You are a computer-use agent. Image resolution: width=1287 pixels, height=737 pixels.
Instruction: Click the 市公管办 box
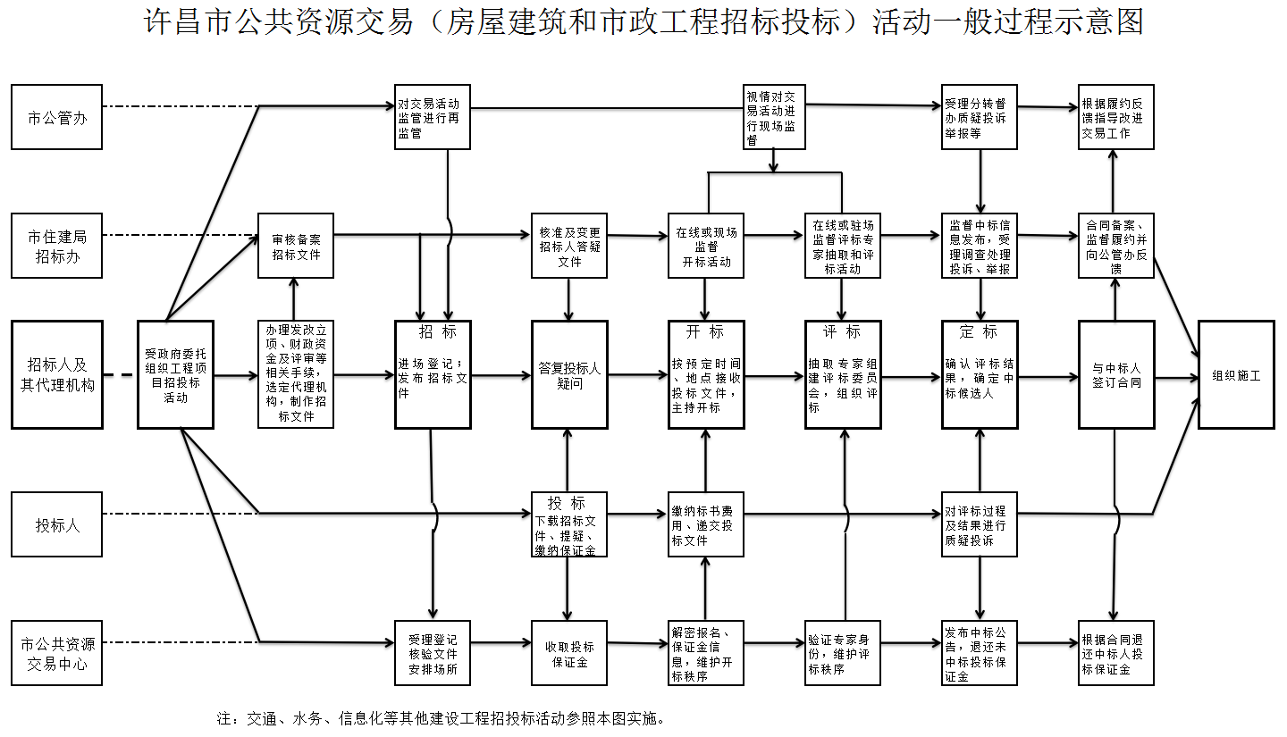click(x=57, y=117)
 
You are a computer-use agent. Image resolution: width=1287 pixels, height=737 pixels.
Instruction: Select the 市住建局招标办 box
click(x=57, y=246)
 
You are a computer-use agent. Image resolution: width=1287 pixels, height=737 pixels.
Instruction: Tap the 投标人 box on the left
click(x=57, y=524)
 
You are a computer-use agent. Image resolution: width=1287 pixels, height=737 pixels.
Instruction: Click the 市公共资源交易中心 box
click(x=57, y=653)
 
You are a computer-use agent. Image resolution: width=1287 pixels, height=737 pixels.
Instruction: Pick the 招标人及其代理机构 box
click(x=57, y=374)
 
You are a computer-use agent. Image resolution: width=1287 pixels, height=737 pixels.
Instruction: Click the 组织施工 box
click(x=1236, y=374)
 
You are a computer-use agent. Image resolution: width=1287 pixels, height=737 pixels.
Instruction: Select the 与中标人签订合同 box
click(x=1116, y=374)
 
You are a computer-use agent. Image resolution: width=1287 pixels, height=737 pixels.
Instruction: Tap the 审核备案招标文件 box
click(x=296, y=246)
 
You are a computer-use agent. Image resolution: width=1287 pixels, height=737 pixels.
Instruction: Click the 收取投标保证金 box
click(x=569, y=653)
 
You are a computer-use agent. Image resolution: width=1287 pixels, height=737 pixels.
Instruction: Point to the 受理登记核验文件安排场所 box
click(x=433, y=653)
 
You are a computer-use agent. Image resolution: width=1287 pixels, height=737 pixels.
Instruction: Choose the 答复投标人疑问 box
click(x=569, y=374)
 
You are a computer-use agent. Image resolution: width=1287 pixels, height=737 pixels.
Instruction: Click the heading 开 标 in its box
click(x=705, y=332)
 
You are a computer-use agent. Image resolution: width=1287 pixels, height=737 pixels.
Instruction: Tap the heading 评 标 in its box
click(x=842, y=332)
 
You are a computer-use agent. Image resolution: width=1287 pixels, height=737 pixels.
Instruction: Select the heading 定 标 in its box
click(x=979, y=332)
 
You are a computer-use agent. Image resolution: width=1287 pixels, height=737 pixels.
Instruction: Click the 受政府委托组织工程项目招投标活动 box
click(x=175, y=374)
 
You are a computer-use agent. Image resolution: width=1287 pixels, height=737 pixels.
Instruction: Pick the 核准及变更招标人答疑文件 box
click(x=569, y=246)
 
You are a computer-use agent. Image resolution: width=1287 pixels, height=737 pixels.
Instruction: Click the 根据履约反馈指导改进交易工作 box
click(x=1116, y=117)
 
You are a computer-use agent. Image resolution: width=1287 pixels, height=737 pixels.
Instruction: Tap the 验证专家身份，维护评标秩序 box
click(x=843, y=653)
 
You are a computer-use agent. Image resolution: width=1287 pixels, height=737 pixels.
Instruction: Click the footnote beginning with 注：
click(x=441, y=718)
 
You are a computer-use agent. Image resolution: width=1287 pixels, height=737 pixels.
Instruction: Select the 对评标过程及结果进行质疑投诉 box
click(x=980, y=524)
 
